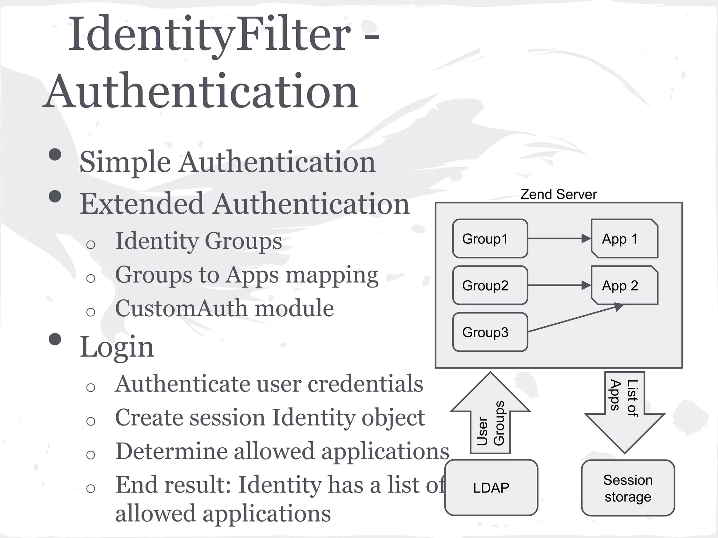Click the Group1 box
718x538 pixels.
[x=490, y=239]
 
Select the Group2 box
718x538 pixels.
[x=490, y=285]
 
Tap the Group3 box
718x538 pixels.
[x=490, y=332]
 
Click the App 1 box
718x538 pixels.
[x=624, y=239]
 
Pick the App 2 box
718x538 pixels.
[x=624, y=285]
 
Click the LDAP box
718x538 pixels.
[x=491, y=488]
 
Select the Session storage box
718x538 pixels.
[x=628, y=488]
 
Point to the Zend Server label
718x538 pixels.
[x=558, y=194]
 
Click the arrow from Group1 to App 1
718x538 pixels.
[x=559, y=239]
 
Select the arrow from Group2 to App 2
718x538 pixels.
[x=559, y=285]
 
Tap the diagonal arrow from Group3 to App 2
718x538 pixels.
[x=575, y=319]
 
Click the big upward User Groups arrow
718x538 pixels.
[x=490, y=417]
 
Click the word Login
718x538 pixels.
[x=117, y=347]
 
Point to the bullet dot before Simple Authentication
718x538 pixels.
[x=55, y=154]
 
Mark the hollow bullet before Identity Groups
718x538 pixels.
[x=90, y=244]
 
